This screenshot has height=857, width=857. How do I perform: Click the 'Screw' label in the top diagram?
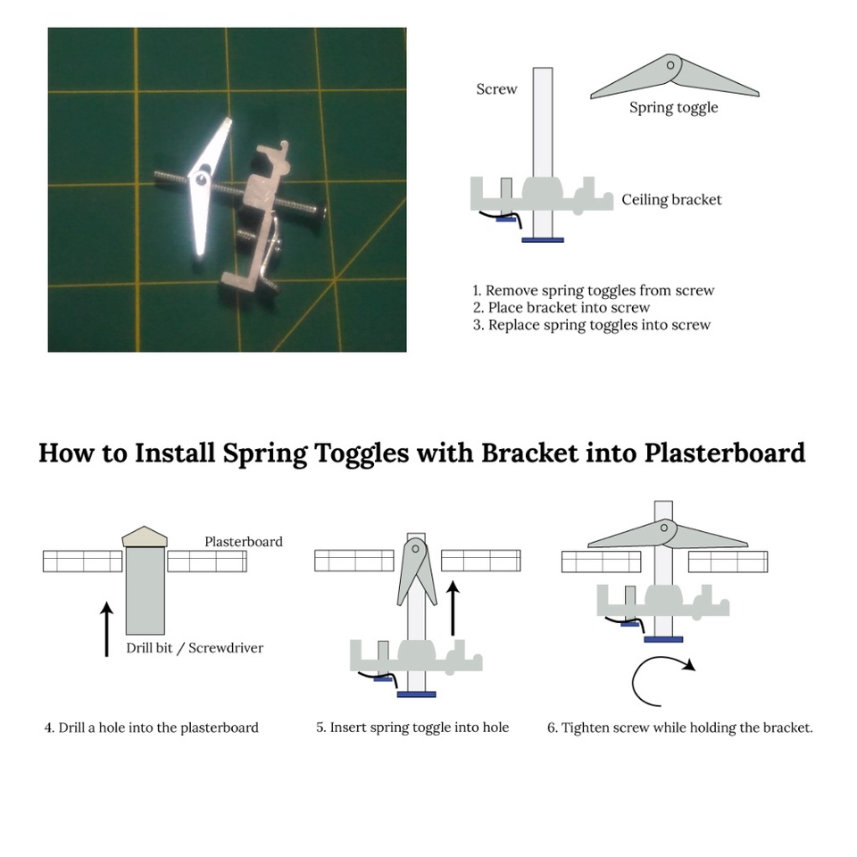point(496,89)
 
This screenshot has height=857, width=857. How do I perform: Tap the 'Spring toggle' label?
point(673,108)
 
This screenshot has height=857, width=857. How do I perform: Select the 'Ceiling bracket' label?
point(671,200)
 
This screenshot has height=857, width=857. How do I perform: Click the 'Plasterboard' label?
point(244,542)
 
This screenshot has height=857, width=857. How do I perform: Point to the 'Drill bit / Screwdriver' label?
point(195,648)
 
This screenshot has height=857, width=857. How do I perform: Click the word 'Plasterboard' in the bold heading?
point(724,453)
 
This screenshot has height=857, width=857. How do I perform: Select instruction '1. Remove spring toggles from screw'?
point(594,290)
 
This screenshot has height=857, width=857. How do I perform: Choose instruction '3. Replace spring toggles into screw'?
point(592,325)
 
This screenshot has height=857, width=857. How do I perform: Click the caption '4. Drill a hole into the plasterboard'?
point(152,728)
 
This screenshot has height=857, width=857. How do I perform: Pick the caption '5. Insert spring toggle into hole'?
point(412,728)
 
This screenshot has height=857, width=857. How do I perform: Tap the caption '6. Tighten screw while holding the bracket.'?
point(680,728)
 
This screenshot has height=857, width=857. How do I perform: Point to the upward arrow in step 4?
point(107,629)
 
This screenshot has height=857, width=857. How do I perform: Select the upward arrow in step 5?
point(453,608)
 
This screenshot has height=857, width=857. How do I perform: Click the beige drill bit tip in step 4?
point(145,537)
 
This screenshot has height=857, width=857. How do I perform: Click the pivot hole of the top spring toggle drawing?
point(670,65)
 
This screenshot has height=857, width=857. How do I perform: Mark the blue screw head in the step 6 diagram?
point(663,639)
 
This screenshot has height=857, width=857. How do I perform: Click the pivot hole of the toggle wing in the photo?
point(201,179)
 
